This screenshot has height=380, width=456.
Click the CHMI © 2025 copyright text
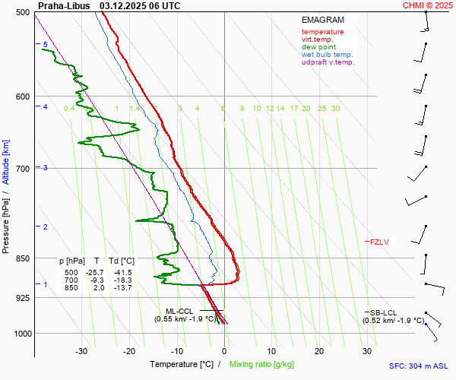click(427, 5)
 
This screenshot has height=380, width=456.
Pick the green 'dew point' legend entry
click(318, 47)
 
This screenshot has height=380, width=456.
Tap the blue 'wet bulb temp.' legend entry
click(327, 55)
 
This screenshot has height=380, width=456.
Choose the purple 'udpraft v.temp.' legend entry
click(328, 62)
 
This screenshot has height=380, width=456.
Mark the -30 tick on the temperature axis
click(81, 351)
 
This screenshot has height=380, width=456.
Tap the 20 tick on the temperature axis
click(319, 351)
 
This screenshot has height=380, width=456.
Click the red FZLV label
click(379, 242)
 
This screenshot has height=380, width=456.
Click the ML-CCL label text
click(180, 311)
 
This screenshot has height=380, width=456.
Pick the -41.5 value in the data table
click(122, 272)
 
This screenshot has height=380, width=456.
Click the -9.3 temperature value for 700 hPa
click(97, 280)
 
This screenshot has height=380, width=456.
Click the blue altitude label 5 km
click(45, 45)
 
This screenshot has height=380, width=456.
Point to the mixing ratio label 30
click(335, 109)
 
